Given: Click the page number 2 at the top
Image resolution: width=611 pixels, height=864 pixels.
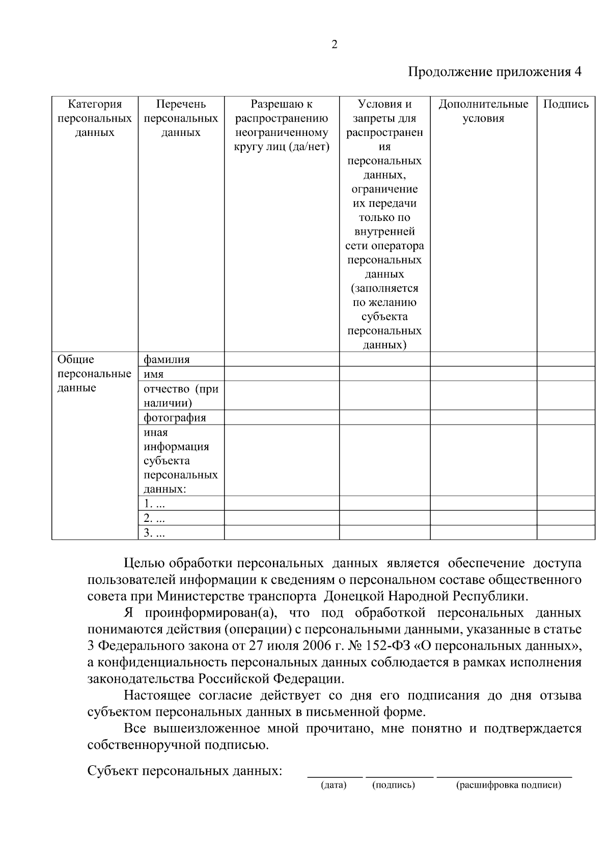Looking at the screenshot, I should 335,45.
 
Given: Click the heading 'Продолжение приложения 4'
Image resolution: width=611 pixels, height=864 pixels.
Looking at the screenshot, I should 495,71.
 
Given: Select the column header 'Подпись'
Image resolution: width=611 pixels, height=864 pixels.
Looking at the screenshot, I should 566,104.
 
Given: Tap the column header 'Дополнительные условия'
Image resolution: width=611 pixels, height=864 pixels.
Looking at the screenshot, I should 483,111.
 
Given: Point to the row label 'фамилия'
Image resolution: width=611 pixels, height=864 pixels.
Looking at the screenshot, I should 166,359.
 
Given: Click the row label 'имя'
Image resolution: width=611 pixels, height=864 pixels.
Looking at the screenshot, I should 154,374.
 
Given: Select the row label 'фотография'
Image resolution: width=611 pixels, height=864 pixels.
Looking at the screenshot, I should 175,418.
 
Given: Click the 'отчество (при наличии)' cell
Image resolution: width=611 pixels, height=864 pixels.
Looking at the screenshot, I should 181,396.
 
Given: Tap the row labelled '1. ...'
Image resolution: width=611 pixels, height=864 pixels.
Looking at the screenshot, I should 154,504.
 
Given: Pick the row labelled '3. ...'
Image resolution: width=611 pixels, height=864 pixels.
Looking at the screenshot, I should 154,533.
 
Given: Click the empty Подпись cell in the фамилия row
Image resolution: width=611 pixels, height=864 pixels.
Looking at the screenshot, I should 566,359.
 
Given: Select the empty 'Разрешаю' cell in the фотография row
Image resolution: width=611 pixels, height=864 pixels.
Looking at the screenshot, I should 282,417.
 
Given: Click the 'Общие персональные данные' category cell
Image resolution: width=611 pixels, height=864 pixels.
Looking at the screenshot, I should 94,374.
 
